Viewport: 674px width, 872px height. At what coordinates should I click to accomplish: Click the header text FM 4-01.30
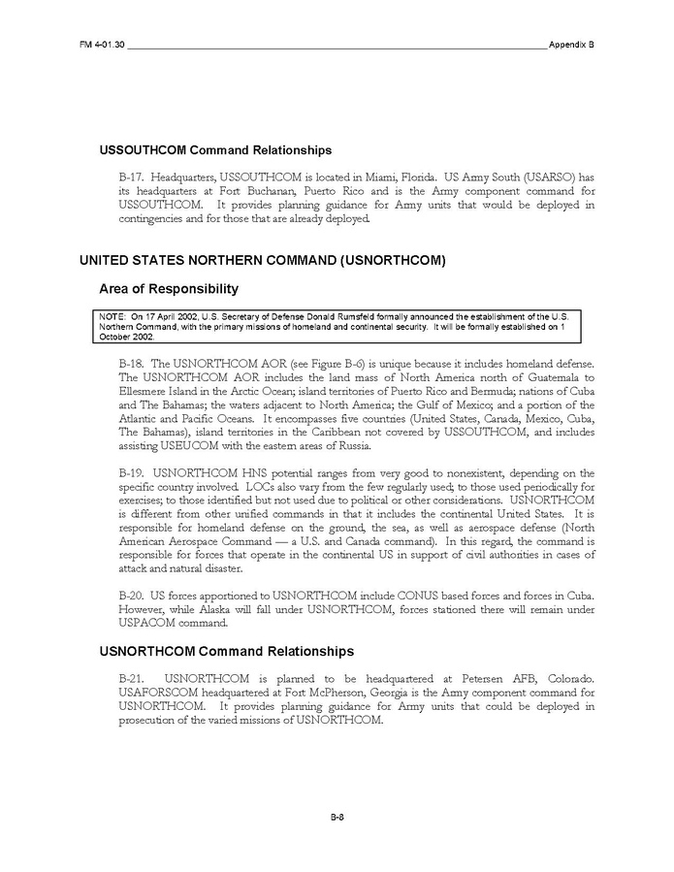[102, 45]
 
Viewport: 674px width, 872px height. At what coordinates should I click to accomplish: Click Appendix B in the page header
[571, 45]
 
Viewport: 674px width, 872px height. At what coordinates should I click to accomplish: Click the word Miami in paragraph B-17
[379, 179]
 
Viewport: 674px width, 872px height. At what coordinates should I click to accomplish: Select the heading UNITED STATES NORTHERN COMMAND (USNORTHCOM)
[261, 260]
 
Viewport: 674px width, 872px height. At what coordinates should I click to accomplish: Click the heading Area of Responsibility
[169, 289]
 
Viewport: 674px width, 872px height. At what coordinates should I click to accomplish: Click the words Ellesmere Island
[159, 391]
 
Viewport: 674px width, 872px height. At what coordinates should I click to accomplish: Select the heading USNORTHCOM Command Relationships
[226, 651]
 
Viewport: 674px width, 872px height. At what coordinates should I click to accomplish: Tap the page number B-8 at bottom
[337, 818]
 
